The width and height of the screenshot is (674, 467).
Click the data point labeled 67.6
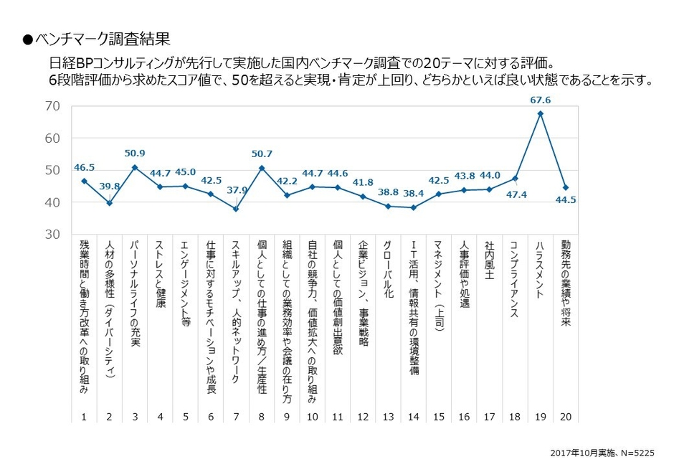[x=540, y=113]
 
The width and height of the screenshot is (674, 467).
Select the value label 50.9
[x=134, y=153]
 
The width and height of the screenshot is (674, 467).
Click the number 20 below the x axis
[x=566, y=416]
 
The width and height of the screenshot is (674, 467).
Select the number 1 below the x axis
[x=84, y=416]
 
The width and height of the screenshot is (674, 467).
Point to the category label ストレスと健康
[x=160, y=270]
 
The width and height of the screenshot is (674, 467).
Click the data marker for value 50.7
[x=262, y=168]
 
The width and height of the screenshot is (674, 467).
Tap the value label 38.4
[x=414, y=194]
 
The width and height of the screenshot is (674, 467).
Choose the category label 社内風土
[x=490, y=260]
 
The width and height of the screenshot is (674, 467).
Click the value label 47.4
[x=516, y=193]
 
